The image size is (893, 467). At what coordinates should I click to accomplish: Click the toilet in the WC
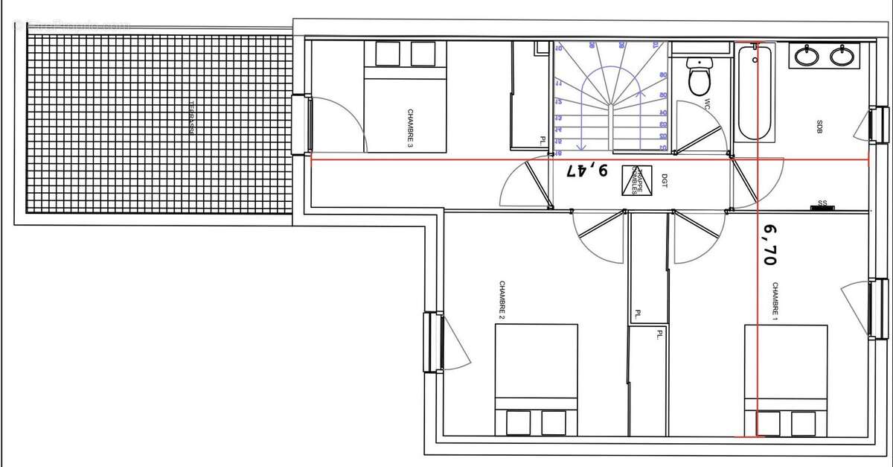(700, 78)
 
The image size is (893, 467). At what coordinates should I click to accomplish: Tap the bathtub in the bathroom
(755, 92)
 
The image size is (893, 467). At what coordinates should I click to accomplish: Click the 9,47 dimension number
(586, 171)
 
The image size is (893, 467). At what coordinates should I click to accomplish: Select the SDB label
(819, 127)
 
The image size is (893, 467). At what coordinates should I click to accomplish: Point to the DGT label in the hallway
(664, 180)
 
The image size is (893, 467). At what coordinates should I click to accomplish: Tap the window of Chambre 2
(431, 342)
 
